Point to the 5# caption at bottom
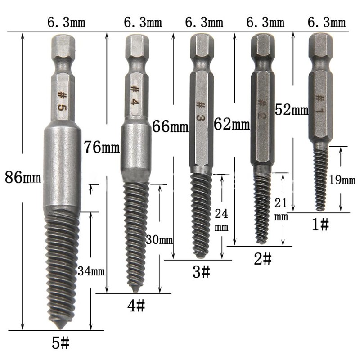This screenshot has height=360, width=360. coord(60,344)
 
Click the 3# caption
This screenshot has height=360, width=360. coord(201,272)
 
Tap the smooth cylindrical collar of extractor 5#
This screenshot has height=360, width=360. coord(62,166)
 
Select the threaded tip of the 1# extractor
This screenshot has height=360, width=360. coord(320,180)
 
